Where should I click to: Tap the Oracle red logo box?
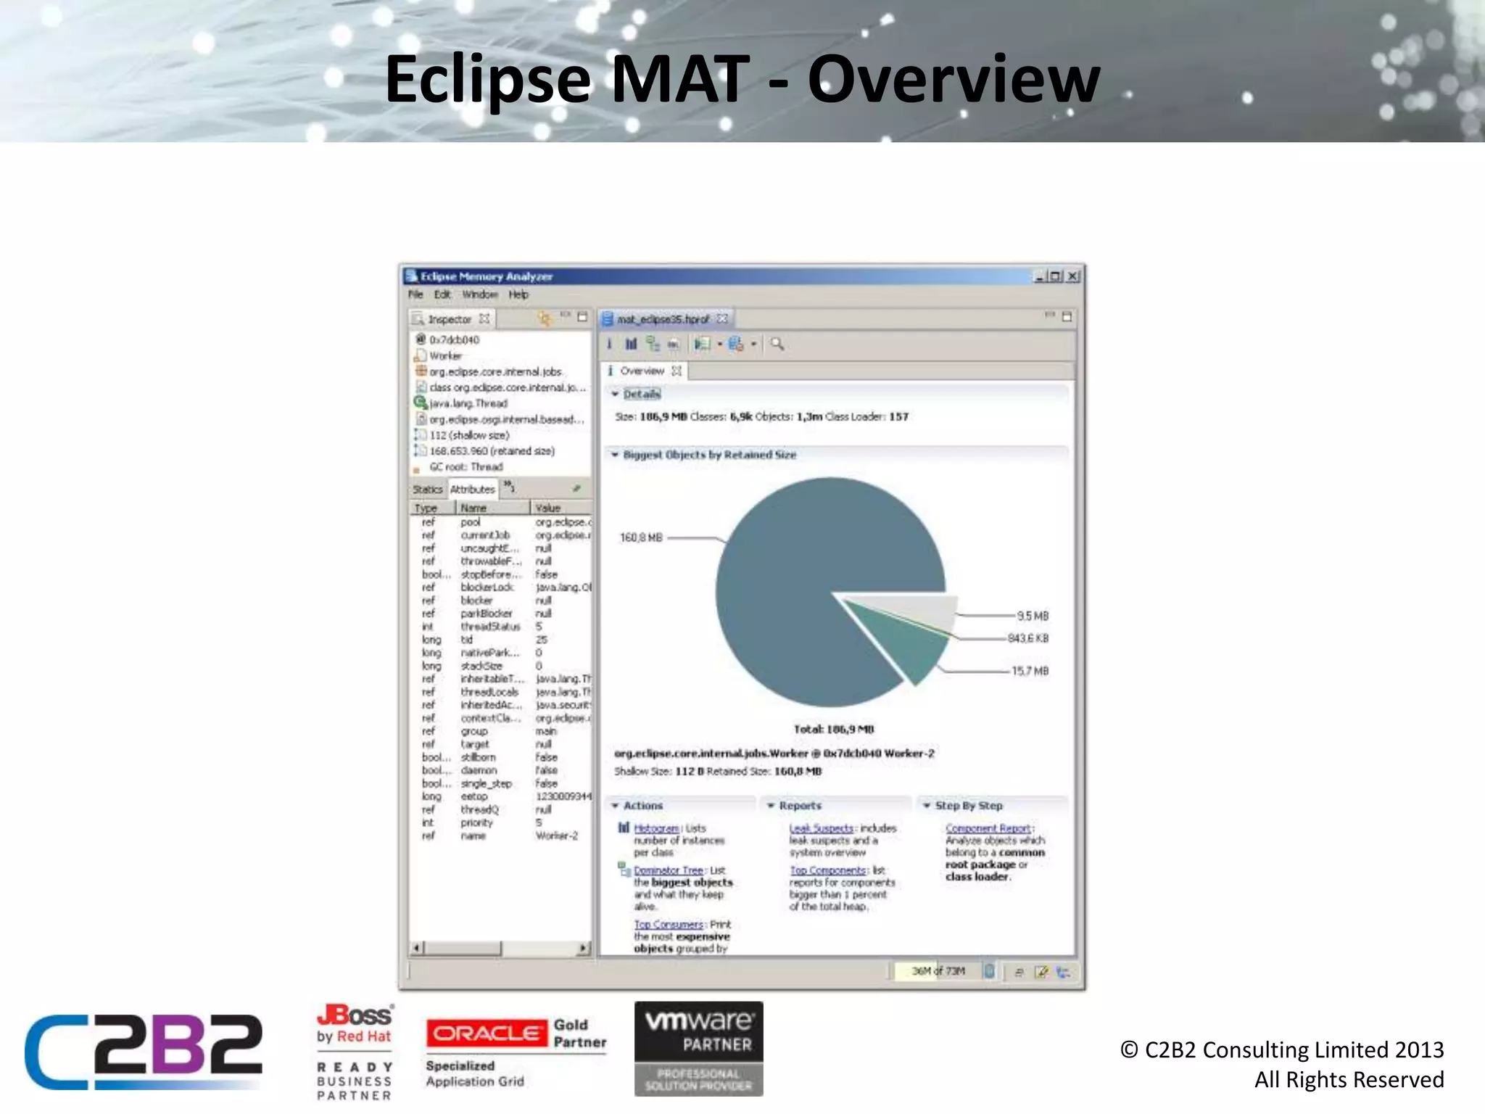tap(486, 1033)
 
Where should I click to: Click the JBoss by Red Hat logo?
tap(355, 1024)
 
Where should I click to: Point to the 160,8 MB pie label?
tap(641, 537)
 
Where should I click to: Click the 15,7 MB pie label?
tap(1030, 671)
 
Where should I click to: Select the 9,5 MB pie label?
tap(1032, 616)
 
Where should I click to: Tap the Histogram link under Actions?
tap(656, 828)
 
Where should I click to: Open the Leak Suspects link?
tap(821, 828)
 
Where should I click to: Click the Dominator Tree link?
tap(668, 870)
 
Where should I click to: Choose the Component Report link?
tap(988, 828)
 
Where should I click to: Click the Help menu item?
tap(518, 294)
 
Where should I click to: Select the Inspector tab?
tap(449, 319)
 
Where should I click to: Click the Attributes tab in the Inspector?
tap(472, 490)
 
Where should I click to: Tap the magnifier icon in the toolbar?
tap(777, 344)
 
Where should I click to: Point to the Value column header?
tap(548, 508)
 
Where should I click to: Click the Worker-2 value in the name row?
tap(556, 835)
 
